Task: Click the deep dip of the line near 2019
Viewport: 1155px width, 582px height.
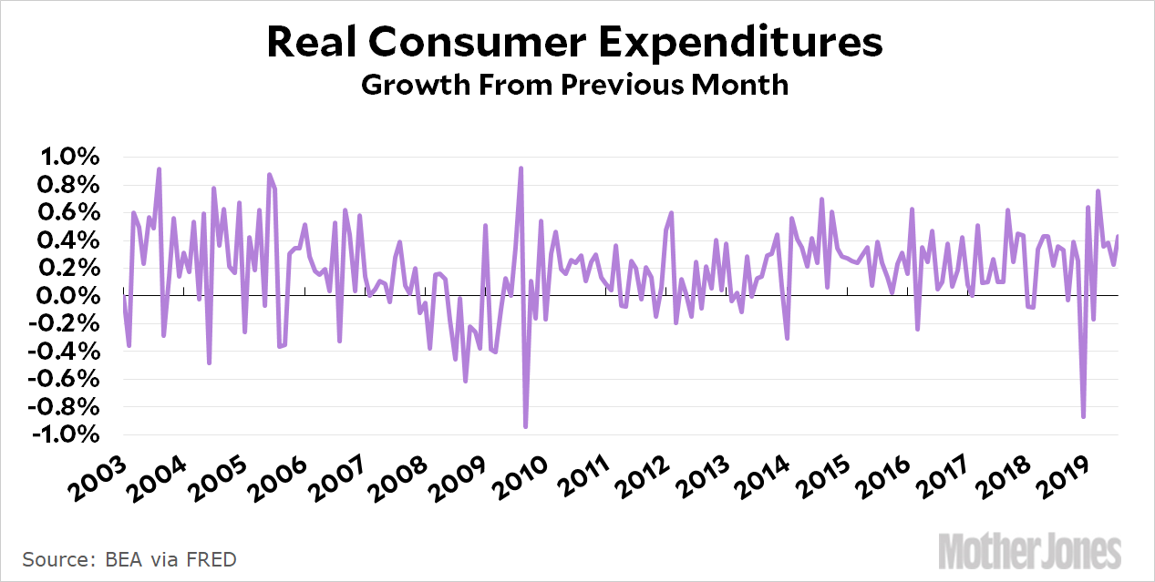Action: [x=1083, y=416]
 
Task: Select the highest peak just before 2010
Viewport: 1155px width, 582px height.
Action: [x=521, y=168]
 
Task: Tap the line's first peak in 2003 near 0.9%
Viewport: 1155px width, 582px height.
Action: [x=159, y=169]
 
